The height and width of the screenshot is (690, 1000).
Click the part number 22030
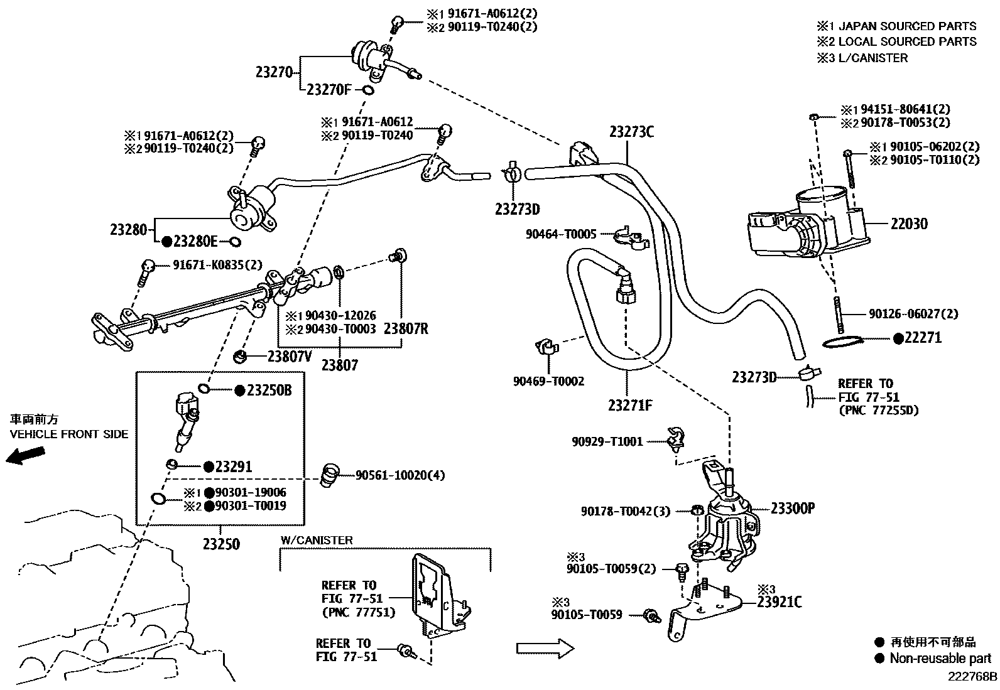[x=909, y=224]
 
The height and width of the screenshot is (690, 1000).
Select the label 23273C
[x=631, y=132]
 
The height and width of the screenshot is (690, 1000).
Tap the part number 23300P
[x=792, y=509]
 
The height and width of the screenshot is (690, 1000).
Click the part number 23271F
[x=630, y=406]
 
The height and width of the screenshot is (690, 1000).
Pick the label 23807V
[x=290, y=357]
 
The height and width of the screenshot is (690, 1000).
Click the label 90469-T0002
[x=548, y=381]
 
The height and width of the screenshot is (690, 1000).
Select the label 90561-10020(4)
[x=399, y=475]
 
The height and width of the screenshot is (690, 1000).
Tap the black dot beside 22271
[x=898, y=338]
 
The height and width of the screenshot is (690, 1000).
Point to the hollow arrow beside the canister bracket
[x=545, y=649]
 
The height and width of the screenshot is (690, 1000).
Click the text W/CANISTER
[x=317, y=540]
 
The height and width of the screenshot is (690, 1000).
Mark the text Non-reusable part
[x=940, y=659]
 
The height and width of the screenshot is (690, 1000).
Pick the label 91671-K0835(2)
[x=217, y=265]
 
